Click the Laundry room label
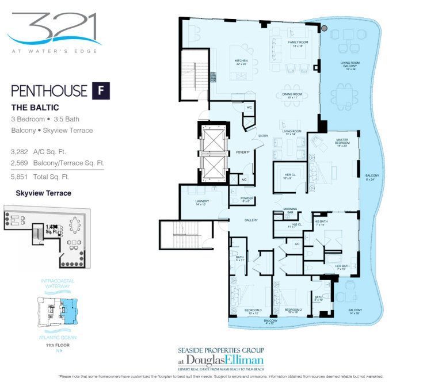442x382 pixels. [201, 203]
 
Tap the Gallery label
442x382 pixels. [250, 220]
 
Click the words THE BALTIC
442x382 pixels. [35, 108]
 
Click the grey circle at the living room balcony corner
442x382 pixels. [325, 28]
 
